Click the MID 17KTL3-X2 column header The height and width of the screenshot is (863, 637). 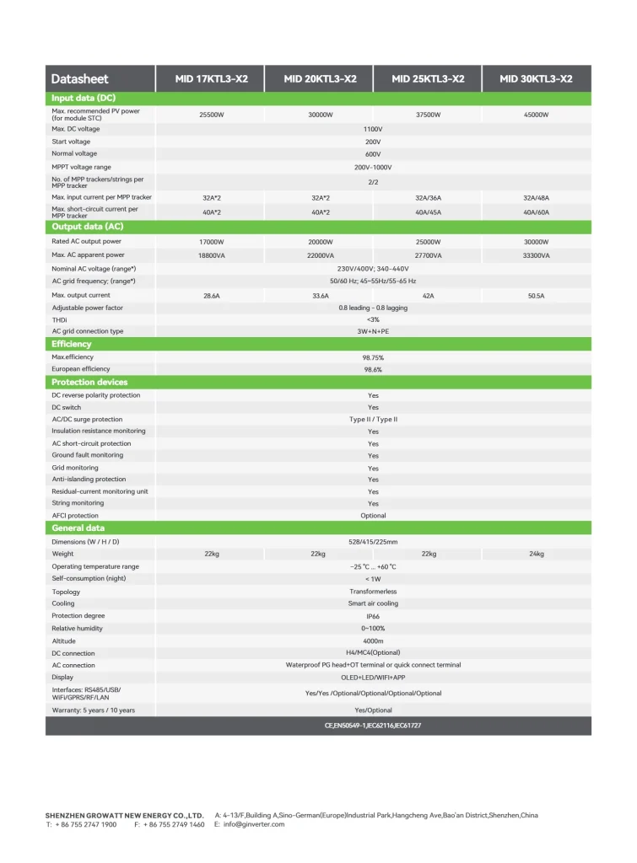tap(211, 79)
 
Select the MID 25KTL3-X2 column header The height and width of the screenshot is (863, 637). tap(428, 79)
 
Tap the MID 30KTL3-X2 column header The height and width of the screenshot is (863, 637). tap(536, 79)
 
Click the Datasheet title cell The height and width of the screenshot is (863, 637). tap(80, 79)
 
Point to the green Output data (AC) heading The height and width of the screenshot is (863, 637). tap(87, 227)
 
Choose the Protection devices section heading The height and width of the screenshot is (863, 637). tap(89, 382)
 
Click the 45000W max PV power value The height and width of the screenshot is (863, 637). tap(536, 115)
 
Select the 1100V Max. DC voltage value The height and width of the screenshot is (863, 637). tap(373, 129)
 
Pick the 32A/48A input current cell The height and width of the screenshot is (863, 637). tap(536, 197)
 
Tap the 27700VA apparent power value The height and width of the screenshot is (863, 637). tap(428, 255)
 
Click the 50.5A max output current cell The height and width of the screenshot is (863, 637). tap(536, 296)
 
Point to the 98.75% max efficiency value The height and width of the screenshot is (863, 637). tap(373, 357)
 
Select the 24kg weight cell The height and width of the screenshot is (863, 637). tap(536, 554)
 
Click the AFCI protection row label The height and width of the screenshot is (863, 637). tap(75, 515)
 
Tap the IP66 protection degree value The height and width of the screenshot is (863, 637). tap(373, 616)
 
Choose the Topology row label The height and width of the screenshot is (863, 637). tap(67, 592)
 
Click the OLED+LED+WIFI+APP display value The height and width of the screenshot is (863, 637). tap(373, 677)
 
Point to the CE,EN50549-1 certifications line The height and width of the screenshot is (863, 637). tap(373, 726)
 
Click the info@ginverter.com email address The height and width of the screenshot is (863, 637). tap(254, 824)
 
